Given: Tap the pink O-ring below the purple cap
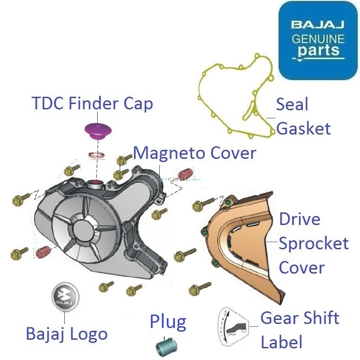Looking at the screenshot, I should pos(96,156).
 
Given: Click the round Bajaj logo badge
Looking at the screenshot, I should pos(66,298).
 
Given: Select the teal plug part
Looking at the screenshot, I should pos(166,347).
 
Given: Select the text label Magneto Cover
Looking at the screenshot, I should pos(194,153).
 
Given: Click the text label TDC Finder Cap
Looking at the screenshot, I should pos(92,103).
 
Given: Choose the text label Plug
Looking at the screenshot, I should pos(168,322).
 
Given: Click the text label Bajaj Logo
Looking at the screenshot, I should pos(67,334).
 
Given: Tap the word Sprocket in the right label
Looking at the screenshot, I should pos(314,243).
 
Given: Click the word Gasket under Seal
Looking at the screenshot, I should pos(303,129).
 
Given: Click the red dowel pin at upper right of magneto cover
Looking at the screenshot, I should pos(185,174).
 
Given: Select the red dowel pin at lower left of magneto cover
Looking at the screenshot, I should pos(43,252).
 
